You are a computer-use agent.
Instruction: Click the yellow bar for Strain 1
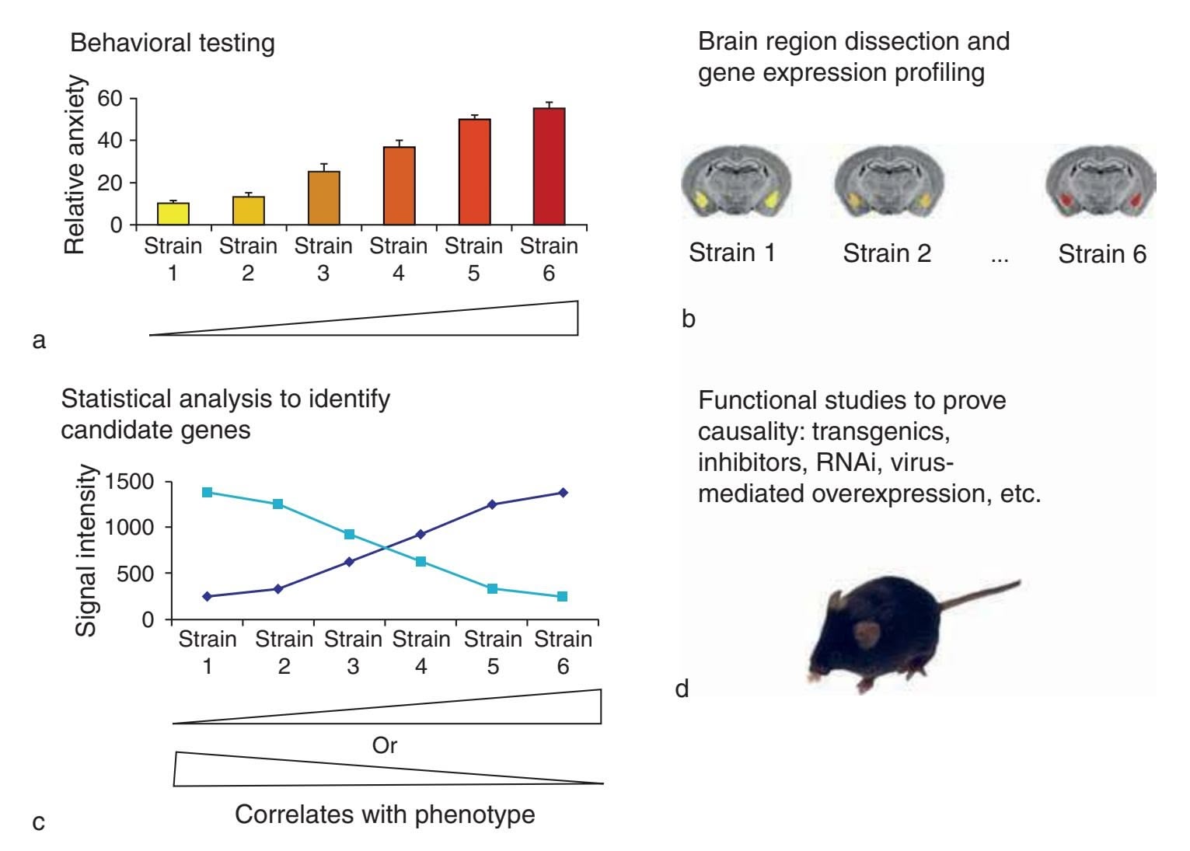tap(173, 214)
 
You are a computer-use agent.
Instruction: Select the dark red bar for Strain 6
tap(549, 166)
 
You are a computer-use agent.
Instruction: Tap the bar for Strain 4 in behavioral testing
tap(399, 186)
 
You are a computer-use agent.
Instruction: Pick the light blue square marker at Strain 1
tap(207, 492)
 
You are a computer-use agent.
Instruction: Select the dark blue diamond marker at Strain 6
tap(563, 492)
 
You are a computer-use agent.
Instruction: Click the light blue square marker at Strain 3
tap(349, 534)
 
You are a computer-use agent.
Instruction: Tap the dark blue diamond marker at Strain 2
tap(278, 588)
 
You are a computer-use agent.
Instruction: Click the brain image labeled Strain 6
tap(1101, 180)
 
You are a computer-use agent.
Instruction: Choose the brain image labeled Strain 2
tap(889, 180)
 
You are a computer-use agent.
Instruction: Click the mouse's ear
tap(864, 633)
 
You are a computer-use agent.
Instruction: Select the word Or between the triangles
tap(385, 745)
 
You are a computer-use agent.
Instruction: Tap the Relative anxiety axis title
tap(75, 165)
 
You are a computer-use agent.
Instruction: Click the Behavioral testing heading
tap(173, 43)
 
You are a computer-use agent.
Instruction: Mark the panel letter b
tap(689, 319)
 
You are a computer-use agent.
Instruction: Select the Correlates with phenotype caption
tap(385, 814)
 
